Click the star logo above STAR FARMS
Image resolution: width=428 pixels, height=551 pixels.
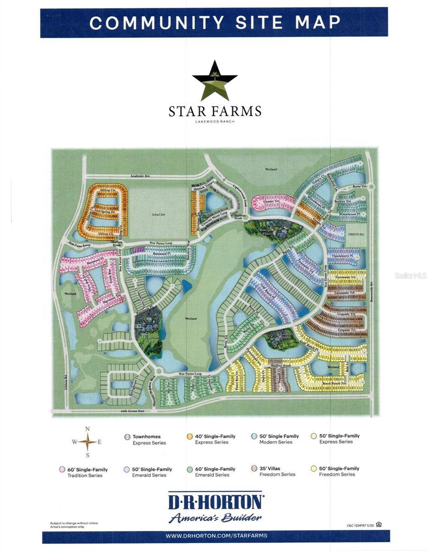point(215,81)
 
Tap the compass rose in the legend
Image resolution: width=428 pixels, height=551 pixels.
point(87,442)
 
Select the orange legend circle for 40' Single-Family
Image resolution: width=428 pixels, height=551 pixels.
point(189,436)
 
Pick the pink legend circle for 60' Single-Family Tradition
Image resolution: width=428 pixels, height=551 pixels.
point(61,469)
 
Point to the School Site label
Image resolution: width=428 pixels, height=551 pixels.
point(158,214)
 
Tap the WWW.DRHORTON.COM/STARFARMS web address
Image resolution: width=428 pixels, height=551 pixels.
point(216,535)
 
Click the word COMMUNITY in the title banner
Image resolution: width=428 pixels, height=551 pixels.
point(157,22)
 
